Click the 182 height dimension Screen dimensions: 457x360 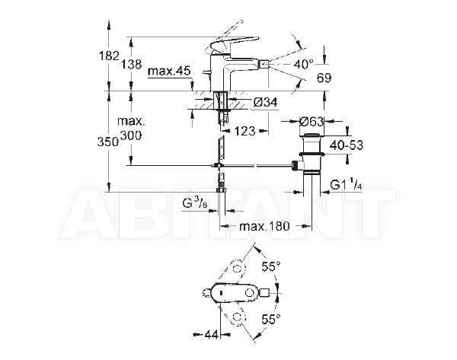109,56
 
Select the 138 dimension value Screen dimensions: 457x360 132,64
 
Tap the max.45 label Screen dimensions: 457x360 169,71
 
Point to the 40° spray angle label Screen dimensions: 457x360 303,64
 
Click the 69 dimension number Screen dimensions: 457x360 324,78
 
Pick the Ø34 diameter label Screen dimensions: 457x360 265,102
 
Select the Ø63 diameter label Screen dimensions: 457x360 312,121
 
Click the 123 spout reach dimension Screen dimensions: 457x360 244,131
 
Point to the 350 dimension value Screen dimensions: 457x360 108,142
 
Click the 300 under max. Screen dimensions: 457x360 131,135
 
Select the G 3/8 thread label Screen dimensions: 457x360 195,202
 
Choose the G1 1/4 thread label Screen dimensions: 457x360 346,184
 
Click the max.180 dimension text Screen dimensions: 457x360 264,226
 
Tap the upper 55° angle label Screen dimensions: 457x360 270,266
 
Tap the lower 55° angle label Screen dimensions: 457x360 270,319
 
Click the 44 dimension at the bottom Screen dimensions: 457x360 211,335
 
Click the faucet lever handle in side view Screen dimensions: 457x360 235,43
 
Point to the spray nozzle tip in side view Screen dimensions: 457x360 264,62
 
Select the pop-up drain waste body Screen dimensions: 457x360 311,154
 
